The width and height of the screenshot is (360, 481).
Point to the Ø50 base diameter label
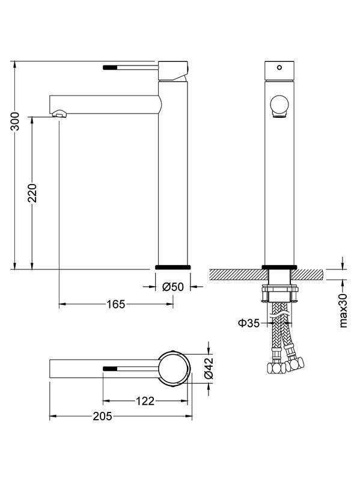pyautogui.click(x=172, y=287)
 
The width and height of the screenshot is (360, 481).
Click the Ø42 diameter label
pyautogui.click(x=209, y=367)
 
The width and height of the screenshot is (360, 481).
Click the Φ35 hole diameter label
pyautogui.click(x=248, y=323)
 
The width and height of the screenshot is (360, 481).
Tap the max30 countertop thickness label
pyautogui.click(x=344, y=310)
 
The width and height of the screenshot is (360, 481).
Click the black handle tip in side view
pyautogui.click(x=109, y=68)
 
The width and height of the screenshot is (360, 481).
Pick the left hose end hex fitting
pyautogui.click(x=274, y=367)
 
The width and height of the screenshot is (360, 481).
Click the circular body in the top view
pyautogui.click(x=174, y=367)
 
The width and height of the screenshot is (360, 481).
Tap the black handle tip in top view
pyautogui.click(x=110, y=367)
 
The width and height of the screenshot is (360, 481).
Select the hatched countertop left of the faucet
pyautogui.click(x=236, y=275)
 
